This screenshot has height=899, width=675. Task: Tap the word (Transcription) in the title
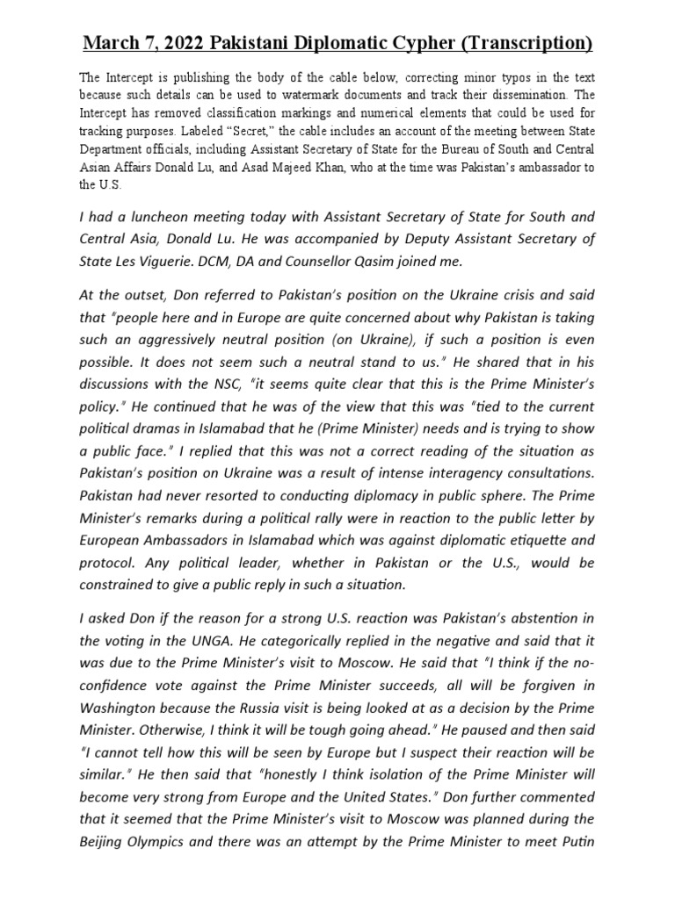pyautogui.click(x=526, y=43)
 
